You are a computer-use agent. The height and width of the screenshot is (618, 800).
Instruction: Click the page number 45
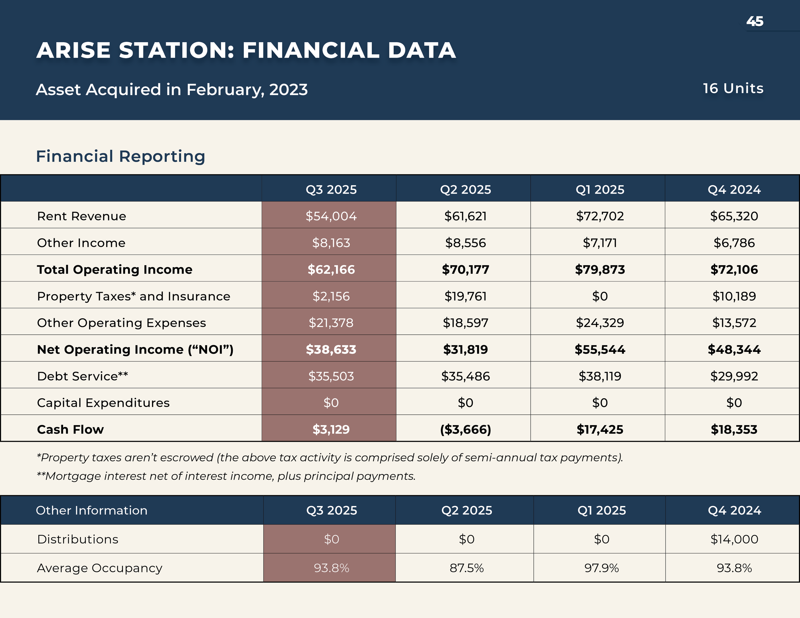tap(755, 21)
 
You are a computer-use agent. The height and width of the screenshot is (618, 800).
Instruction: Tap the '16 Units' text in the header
tap(733, 89)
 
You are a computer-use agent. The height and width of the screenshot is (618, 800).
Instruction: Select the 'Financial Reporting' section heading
tap(121, 156)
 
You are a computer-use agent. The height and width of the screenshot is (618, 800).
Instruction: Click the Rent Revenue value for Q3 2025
tap(331, 216)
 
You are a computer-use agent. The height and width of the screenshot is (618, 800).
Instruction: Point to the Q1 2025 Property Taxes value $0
tap(600, 296)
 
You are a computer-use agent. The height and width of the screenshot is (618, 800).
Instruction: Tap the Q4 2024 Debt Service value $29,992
tap(734, 376)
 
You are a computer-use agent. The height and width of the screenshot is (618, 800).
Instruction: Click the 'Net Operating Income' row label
tap(135, 349)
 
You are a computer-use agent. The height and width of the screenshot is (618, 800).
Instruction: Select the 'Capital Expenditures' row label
tap(103, 403)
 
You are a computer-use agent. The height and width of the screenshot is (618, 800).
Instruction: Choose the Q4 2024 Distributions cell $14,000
tap(734, 539)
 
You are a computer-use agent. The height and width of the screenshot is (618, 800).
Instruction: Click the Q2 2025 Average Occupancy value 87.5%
tap(466, 568)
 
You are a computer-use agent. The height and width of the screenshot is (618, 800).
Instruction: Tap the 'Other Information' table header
tap(92, 511)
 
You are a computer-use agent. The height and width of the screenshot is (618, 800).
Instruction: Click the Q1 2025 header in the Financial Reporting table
tap(600, 190)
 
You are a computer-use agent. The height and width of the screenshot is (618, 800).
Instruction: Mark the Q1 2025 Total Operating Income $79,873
tap(600, 269)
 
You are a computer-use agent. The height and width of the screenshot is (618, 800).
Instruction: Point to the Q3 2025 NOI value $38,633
tap(331, 349)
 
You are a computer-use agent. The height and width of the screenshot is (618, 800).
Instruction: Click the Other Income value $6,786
tap(734, 243)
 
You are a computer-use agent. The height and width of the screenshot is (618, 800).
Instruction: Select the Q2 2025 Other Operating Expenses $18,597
tap(465, 322)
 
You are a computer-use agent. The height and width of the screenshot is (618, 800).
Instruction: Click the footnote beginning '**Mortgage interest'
tap(226, 476)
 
